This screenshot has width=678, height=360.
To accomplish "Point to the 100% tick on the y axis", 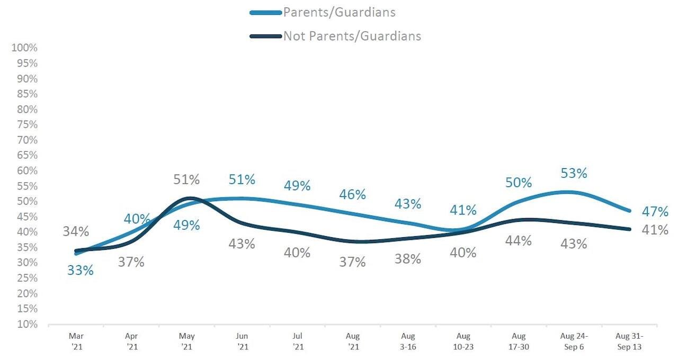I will tap(24, 48).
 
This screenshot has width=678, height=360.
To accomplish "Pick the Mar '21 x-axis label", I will tap(77, 341).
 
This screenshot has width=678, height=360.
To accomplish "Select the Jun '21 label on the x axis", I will tap(242, 341).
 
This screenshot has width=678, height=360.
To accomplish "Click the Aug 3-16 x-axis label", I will tap(407, 341).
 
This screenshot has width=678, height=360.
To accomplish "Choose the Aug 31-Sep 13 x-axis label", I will tap(629, 341).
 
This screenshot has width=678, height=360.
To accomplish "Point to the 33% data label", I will tap(80, 270).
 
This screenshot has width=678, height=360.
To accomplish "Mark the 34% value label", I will tap(76, 231).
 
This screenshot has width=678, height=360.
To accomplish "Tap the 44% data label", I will tap(518, 241).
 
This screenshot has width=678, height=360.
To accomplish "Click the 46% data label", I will tap(353, 194).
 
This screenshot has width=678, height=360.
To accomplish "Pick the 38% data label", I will tap(408, 259).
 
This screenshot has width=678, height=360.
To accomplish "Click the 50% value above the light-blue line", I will tap(518, 183).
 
